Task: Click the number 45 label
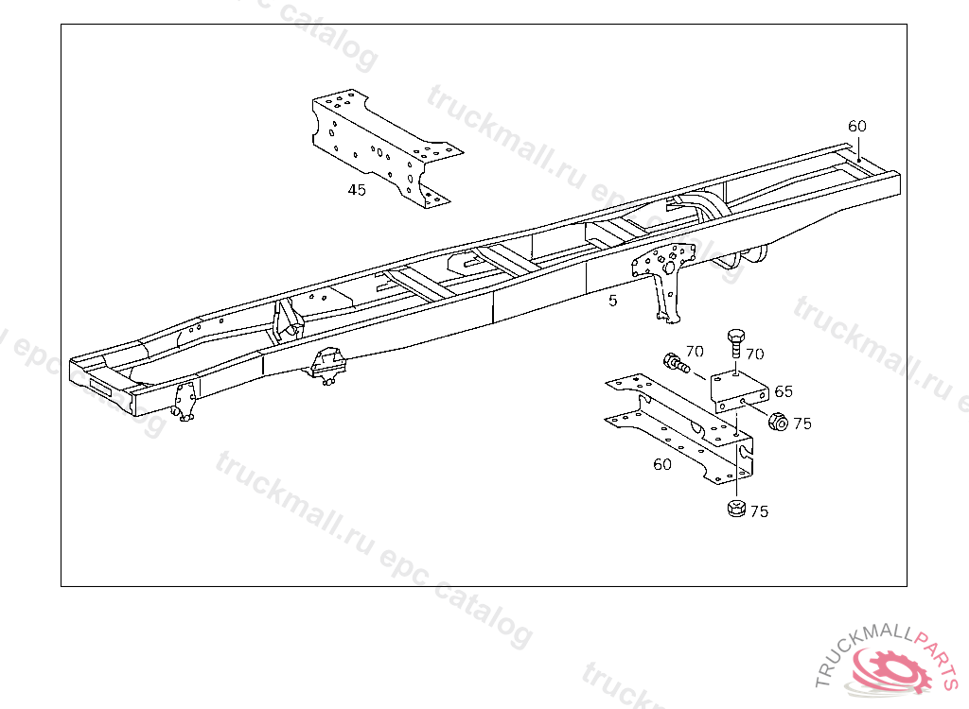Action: (x=357, y=190)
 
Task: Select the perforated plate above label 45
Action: (x=387, y=147)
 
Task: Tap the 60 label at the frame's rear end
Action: (x=857, y=126)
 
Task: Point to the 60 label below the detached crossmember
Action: (x=661, y=464)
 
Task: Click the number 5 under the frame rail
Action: (x=612, y=301)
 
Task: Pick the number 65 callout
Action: (x=783, y=391)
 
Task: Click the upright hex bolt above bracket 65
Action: (x=736, y=344)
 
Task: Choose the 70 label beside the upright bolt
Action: (x=754, y=354)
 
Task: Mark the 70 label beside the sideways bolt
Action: (x=695, y=352)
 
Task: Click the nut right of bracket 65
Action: (x=778, y=422)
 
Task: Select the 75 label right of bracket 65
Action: (x=802, y=424)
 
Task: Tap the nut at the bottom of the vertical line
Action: (x=736, y=509)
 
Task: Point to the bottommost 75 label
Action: (x=759, y=511)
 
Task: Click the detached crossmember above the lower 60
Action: (x=679, y=429)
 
